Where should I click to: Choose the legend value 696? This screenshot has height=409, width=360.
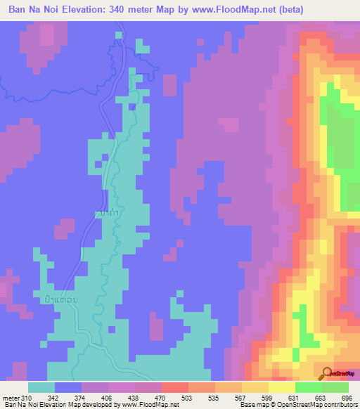(x=345, y=398)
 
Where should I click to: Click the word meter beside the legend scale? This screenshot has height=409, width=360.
(x=11, y=398)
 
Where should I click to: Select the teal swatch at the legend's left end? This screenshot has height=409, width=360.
(x=41, y=387)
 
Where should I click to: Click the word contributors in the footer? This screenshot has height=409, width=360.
(x=338, y=405)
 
